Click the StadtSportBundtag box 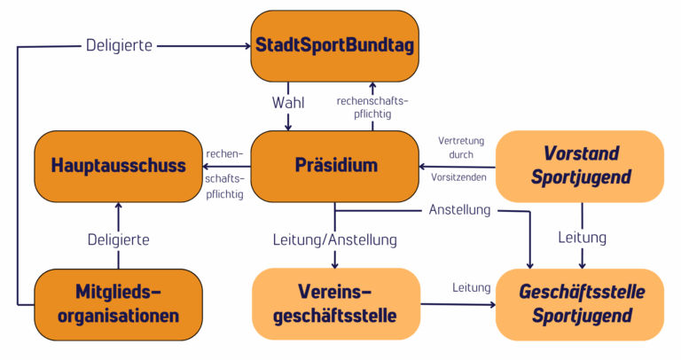coord(334,44)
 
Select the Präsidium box coord(334,165)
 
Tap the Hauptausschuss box coord(118,165)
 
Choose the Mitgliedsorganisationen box coord(118,302)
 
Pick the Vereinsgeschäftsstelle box coord(335,302)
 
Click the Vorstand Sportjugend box coord(581,165)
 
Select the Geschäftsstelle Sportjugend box coord(581,304)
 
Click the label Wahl coord(287,102)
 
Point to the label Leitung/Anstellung coord(334,239)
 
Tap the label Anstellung coord(460,211)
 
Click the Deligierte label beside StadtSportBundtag coord(119,44)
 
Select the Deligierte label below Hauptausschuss coord(118,239)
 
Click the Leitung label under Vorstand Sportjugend coord(582,238)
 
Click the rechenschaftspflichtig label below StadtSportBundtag coord(372,107)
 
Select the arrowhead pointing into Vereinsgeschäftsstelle coord(335,262)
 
